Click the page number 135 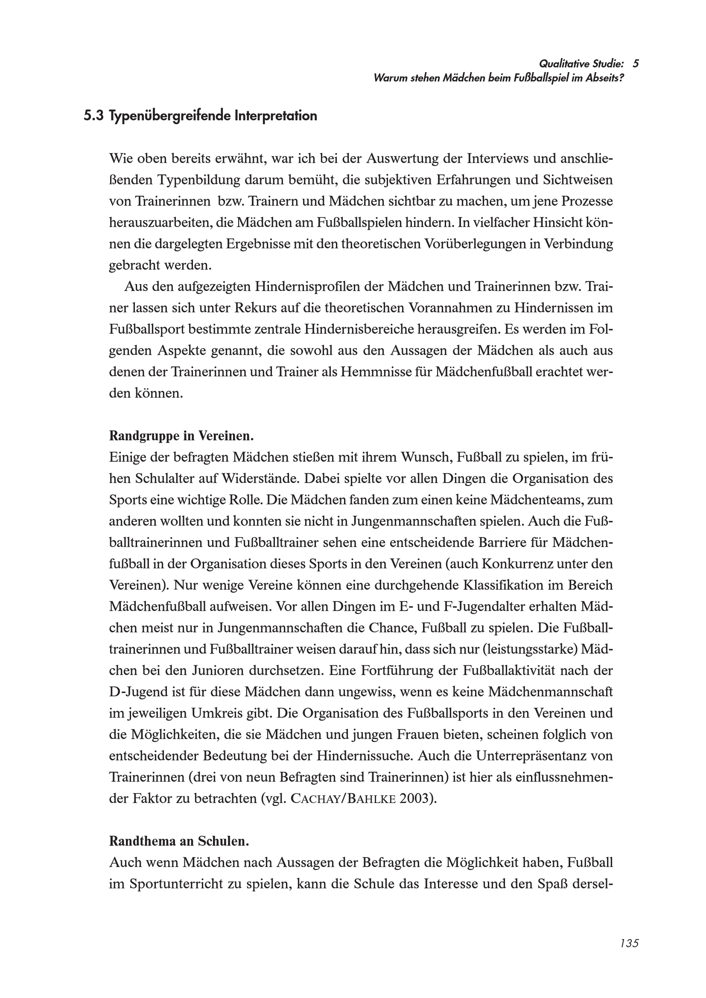[x=629, y=943]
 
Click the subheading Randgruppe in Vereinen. [x=181, y=436]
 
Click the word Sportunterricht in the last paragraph [x=175, y=884]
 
